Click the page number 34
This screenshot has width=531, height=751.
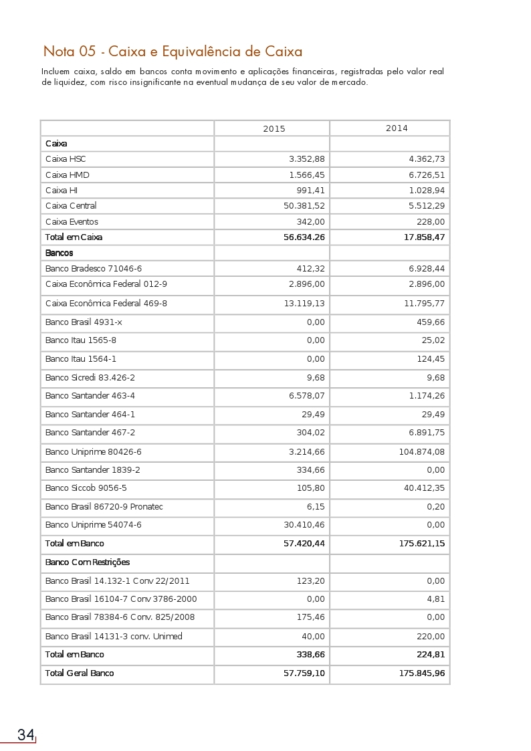point(26,735)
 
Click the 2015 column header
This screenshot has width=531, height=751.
point(274,128)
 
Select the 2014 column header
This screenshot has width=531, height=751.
point(397,128)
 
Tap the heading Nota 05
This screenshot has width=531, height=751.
point(173,51)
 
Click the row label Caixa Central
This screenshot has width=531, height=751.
point(71,205)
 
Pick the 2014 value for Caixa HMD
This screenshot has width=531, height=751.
point(426,175)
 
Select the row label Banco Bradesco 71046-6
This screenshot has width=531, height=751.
point(94,268)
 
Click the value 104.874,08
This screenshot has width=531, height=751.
point(421,451)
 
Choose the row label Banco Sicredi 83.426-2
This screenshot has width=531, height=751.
point(90,377)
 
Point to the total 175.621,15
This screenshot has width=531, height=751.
point(421,544)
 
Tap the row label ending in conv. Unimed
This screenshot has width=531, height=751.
point(114,636)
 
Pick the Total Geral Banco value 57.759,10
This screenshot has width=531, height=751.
point(304,673)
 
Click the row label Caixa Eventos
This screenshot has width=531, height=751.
point(72,221)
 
